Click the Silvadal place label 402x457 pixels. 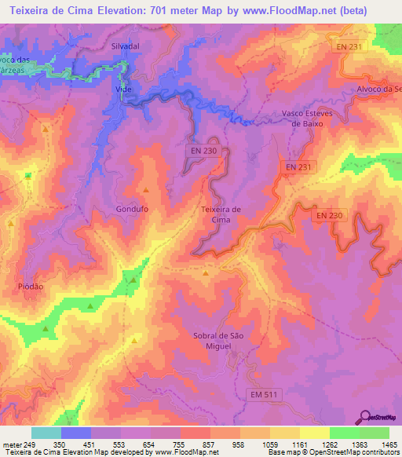(x=126, y=46)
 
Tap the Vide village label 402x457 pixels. (x=122, y=90)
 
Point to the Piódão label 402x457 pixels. (x=31, y=287)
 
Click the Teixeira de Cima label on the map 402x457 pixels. (x=221, y=214)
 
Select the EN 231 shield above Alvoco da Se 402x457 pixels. (x=355, y=47)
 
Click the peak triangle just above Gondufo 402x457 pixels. (x=146, y=189)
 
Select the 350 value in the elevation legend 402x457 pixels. (x=47, y=444)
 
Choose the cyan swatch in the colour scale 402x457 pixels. (x=46, y=433)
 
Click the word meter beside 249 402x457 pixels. (x=13, y=444)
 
